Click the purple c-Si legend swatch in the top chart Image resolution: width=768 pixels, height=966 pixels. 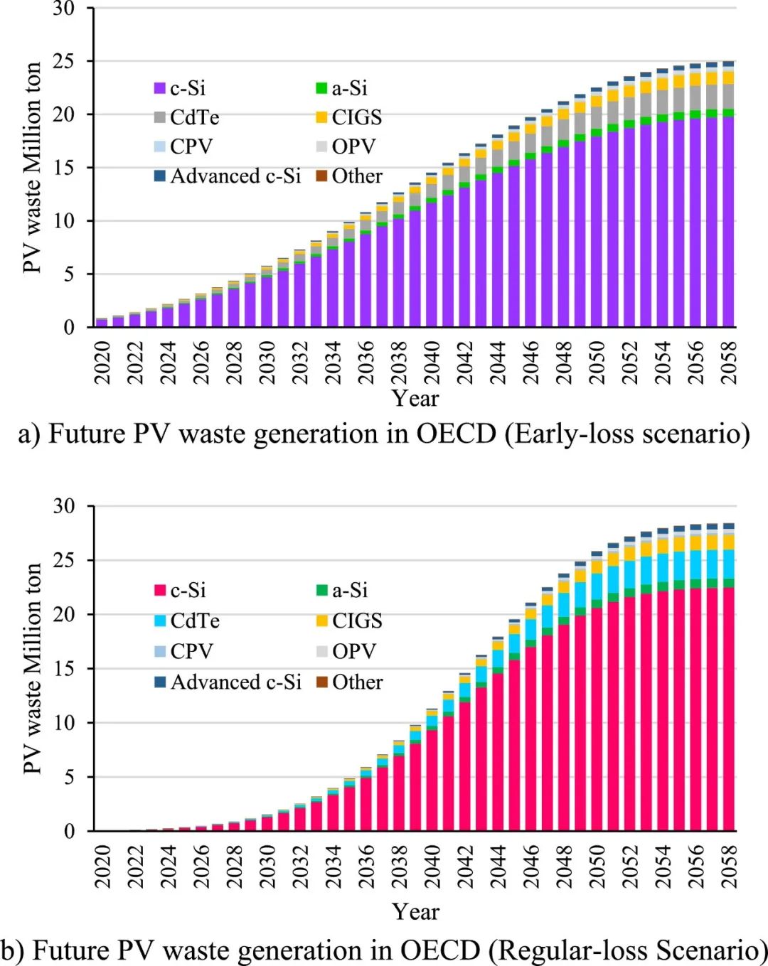[x=160, y=89]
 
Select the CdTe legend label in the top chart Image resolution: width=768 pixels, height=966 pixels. [x=194, y=117]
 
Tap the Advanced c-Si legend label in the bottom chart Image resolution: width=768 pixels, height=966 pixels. [x=236, y=682]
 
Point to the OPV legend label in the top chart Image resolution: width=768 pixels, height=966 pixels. [x=353, y=146]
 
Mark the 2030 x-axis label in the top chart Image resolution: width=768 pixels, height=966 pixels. [x=267, y=363]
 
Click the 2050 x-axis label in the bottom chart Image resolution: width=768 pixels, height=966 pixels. [x=596, y=866]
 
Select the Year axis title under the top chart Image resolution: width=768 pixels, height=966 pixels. [x=415, y=399]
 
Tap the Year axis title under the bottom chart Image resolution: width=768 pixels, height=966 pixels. [x=415, y=912]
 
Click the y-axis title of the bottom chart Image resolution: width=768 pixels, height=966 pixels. [x=33, y=668]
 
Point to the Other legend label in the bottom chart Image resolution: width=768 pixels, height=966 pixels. [x=357, y=682]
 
